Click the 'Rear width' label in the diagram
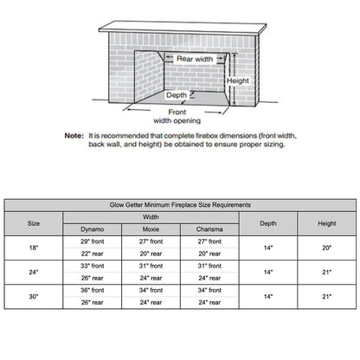click(x=194, y=59)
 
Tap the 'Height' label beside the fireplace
click(x=237, y=80)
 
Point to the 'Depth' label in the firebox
click(x=177, y=95)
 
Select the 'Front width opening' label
click(x=177, y=116)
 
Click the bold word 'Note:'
click(x=74, y=136)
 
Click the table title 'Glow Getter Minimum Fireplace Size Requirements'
click(x=179, y=205)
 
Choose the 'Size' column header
click(x=34, y=222)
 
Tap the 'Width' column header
click(x=151, y=216)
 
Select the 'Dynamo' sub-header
click(x=92, y=228)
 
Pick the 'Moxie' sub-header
click(x=151, y=228)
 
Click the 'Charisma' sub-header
click(x=209, y=228)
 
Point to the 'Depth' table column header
click(x=268, y=222)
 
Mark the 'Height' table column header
click(x=326, y=222)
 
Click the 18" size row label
click(x=34, y=247)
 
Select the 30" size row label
click(x=34, y=296)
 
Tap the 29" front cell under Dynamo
click(x=92, y=241)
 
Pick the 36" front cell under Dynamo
click(x=92, y=290)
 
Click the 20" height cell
click(x=326, y=247)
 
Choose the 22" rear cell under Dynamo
click(x=92, y=254)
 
